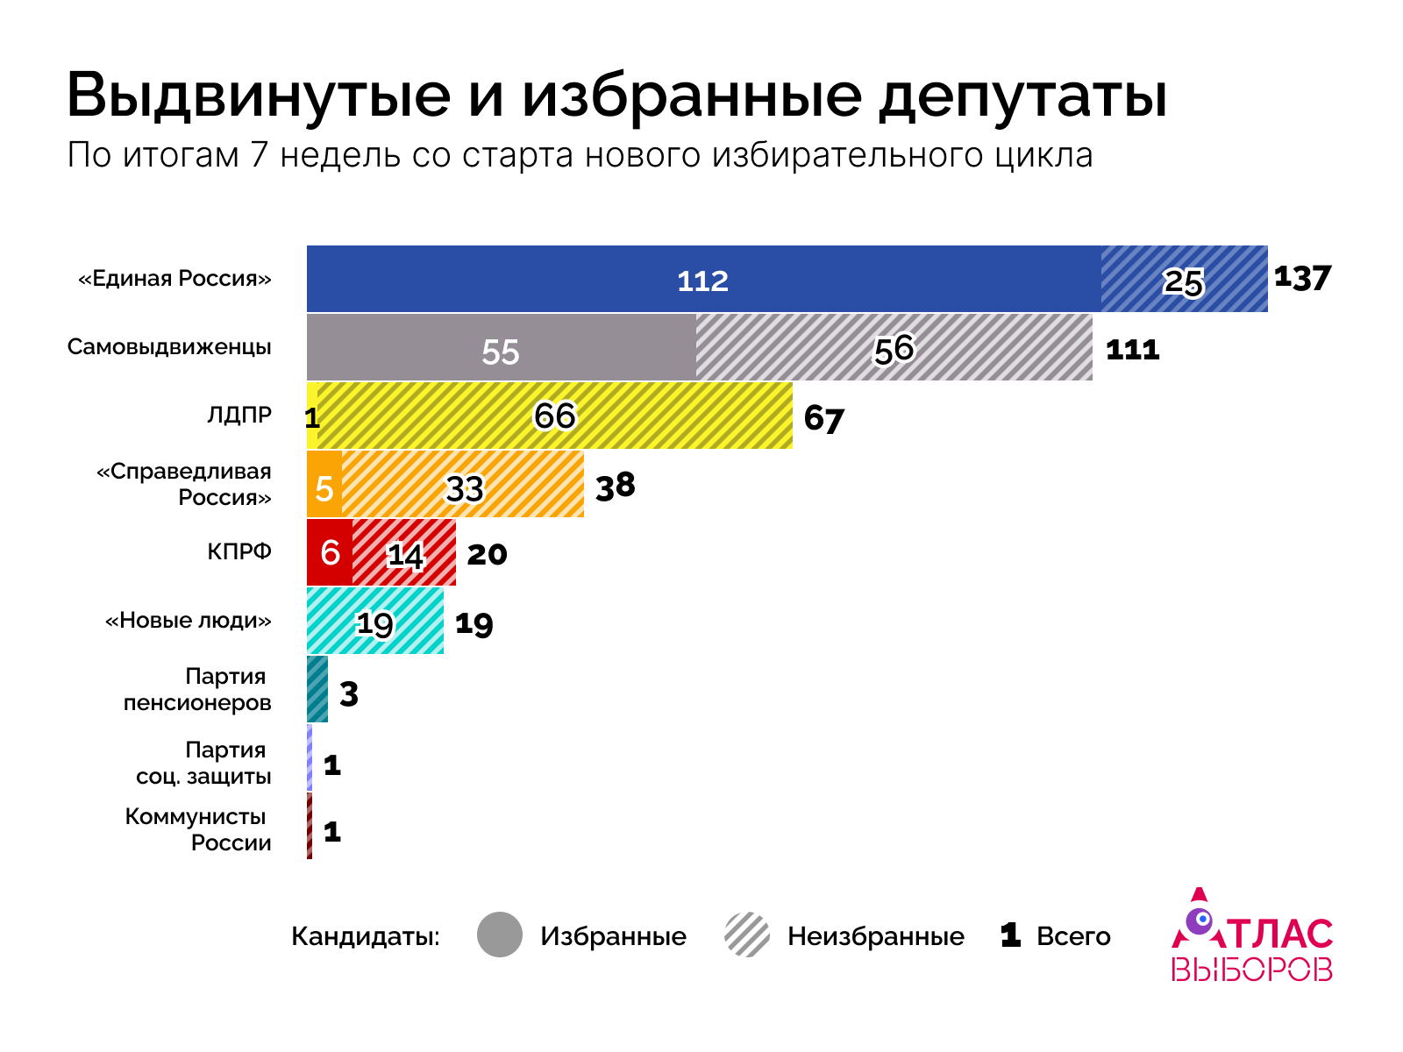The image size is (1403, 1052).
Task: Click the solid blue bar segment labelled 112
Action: pos(703,280)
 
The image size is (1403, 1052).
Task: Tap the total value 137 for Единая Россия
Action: pos(1302,278)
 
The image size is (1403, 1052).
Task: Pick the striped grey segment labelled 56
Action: pos(894,349)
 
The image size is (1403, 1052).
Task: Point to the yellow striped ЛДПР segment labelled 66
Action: pos(555,416)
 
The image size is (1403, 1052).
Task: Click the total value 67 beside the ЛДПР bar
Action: pos(823,419)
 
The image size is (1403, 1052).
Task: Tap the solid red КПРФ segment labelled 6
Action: pos(330,552)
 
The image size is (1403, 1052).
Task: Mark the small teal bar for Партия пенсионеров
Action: pos(317,690)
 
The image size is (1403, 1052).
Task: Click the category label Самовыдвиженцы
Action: pos(169,347)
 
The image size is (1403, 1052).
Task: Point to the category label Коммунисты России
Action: pos(198,829)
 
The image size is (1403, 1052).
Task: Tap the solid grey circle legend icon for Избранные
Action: pos(500,935)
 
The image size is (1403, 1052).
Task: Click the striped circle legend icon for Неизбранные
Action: pos(747,935)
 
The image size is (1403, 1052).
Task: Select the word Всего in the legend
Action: pos(1073,936)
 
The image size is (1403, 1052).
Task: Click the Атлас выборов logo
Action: pos(1251,936)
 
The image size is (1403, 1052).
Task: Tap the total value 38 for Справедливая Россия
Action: pos(615,485)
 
